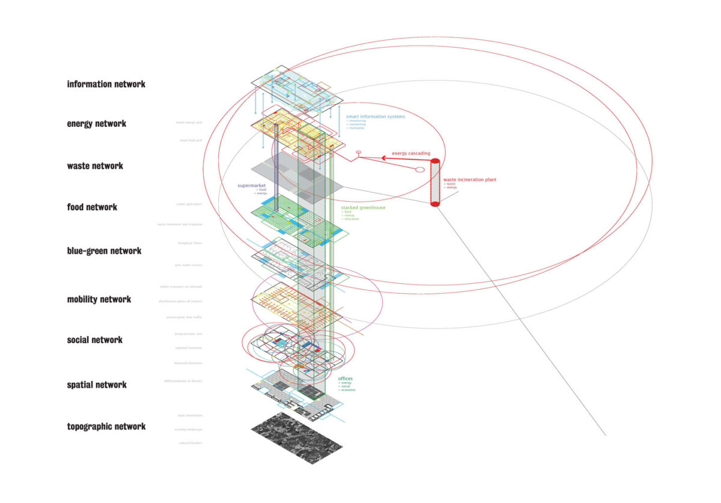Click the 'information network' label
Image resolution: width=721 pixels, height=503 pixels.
click(x=106, y=84)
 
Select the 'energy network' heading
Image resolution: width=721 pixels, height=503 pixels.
click(x=96, y=124)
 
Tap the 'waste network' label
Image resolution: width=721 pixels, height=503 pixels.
click(x=95, y=166)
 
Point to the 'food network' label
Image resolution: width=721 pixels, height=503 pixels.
click(x=92, y=207)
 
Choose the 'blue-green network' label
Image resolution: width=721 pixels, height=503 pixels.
click(x=104, y=251)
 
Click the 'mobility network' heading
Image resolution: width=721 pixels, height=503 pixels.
click(x=99, y=299)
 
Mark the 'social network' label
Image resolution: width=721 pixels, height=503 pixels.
click(x=94, y=340)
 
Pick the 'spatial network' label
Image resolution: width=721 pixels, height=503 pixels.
click(x=97, y=385)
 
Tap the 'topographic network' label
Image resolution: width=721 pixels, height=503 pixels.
click(x=106, y=427)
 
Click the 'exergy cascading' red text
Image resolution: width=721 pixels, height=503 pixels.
click(x=411, y=154)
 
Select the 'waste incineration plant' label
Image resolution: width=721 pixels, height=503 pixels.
click(x=470, y=180)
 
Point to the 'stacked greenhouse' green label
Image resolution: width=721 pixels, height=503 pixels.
click(x=363, y=208)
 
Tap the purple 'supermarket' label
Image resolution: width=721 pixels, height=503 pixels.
click(x=251, y=186)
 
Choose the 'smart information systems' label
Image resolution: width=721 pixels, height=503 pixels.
click(x=376, y=116)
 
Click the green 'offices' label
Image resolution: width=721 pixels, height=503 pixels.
click(x=345, y=379)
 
